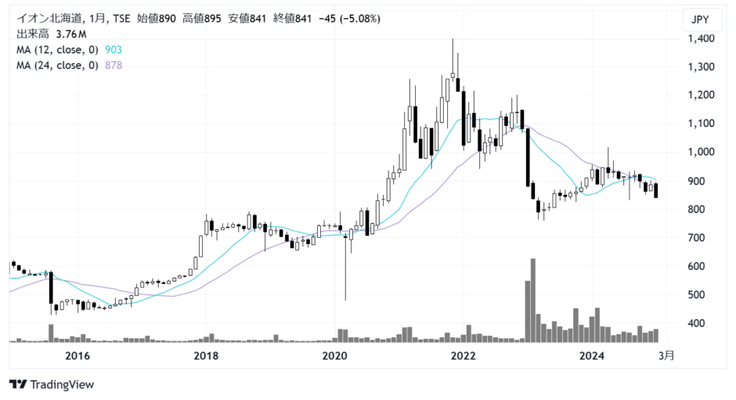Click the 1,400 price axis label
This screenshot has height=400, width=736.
(x=702, y=38)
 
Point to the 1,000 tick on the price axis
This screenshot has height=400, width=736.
(x=702, y=152)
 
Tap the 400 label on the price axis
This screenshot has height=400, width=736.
(x=696, y=323)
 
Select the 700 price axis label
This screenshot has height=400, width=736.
(x=696, y=238)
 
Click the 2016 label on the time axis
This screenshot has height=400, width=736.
(x=78, y=356)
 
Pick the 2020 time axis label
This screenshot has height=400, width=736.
(x=334, y=356)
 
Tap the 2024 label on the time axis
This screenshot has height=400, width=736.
(x=592, y=356)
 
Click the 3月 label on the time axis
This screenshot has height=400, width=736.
(x=666, y=356)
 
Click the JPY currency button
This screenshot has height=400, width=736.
(x=700, y=20)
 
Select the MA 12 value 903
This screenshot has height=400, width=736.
(x=113, y=50)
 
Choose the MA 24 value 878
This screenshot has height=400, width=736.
(x=113, y=65)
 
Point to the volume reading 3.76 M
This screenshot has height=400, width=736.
(x=71, y=34)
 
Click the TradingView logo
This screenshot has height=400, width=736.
(x=52, y=384)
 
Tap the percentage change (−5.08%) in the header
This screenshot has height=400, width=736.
(x=359, y=19)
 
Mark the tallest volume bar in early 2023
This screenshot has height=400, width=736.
(x=532, y=300)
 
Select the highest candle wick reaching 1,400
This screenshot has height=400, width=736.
(x=453, y=56)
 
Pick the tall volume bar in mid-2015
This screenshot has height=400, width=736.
(x=51, y=333)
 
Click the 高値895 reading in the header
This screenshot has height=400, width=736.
(x=201, y=19)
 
